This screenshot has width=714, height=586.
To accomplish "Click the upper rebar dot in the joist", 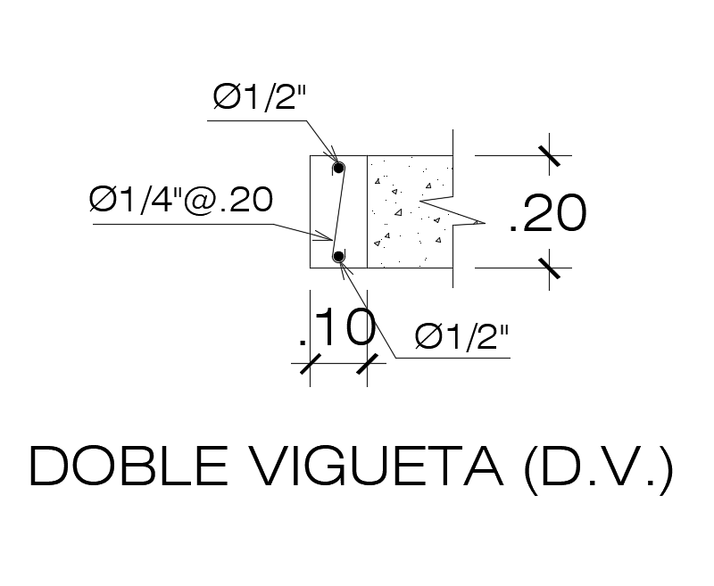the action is (x=338, y=168).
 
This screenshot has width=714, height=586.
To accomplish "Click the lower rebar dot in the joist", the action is (x=338, y=257).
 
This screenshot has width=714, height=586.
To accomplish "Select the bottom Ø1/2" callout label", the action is (x=461, y=338).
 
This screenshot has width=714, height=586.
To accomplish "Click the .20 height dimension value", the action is (x=547, y=214).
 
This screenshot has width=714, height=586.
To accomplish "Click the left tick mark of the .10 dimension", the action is (x=310, y=364).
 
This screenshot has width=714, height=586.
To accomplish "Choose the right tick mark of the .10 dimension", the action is (x=368, y=364).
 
